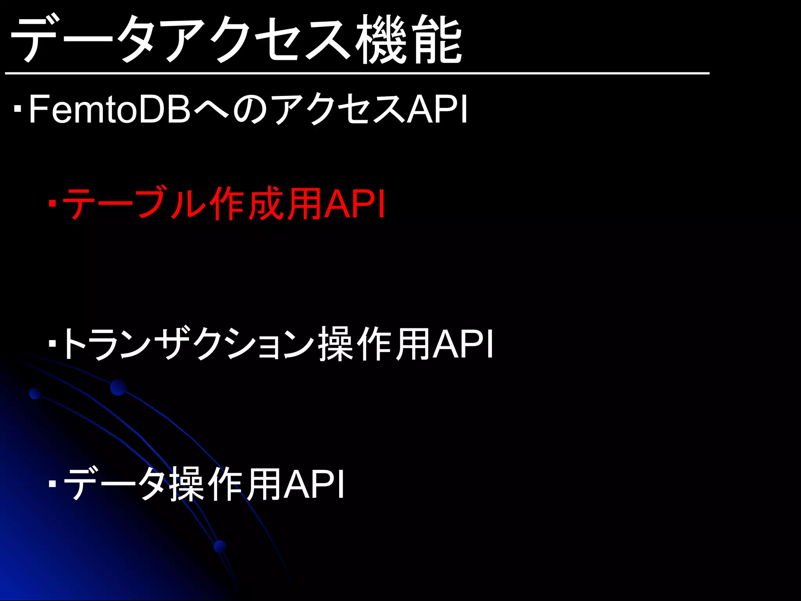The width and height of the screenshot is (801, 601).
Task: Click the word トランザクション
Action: click(188, 344)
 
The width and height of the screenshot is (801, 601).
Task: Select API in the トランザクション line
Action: click(463, 344)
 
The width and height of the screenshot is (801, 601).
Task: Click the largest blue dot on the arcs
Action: click(118, 387)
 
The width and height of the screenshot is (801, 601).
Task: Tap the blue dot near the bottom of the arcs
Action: click(220, 546)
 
